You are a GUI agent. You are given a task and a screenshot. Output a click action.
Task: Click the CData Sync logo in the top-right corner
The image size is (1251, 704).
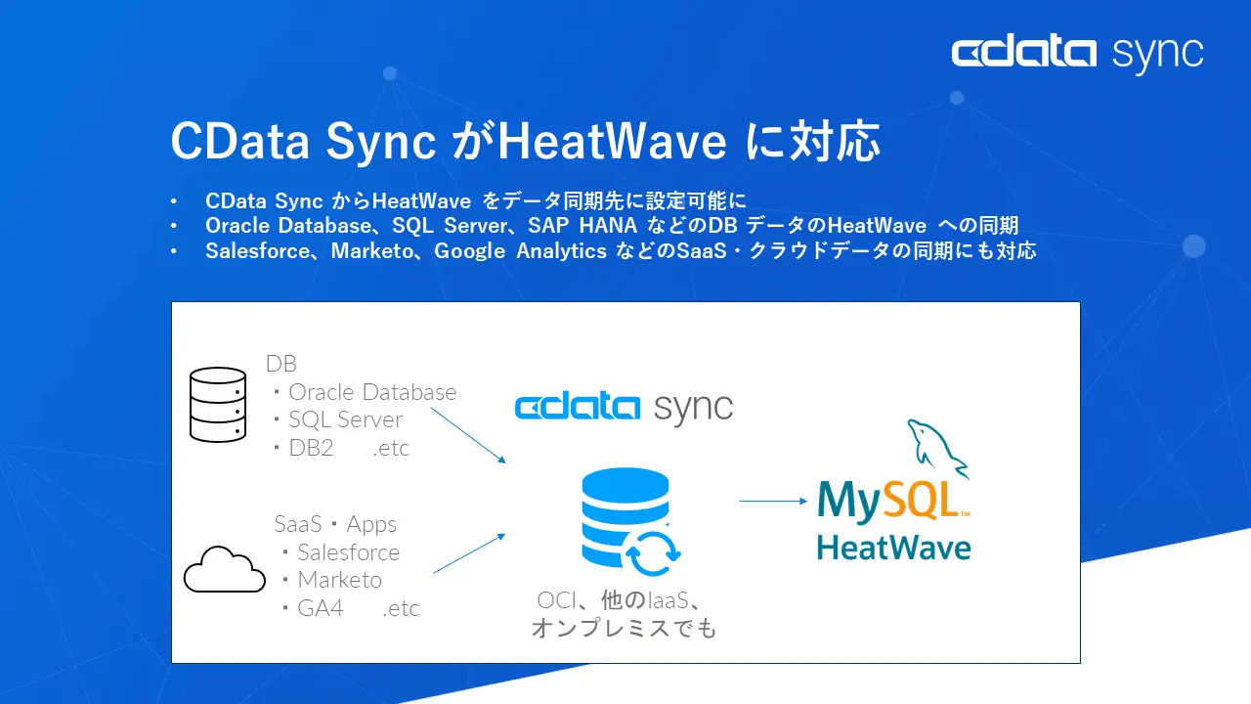tap(1077, 53)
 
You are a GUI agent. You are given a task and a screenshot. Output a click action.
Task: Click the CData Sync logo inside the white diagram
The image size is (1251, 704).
tap(624, 407)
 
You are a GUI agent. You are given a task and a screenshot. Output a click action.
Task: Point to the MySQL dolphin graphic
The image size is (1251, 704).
tap(935, 449)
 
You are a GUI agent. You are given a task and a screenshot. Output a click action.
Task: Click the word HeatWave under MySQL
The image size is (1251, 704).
tap(893, 547)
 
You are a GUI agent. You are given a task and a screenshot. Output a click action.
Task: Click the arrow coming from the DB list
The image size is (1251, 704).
tap(467, 435)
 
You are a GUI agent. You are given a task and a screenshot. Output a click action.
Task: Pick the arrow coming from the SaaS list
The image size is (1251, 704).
tap(469, 553)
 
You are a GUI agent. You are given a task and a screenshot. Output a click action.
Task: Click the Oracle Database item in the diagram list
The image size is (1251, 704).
tap(371, 392)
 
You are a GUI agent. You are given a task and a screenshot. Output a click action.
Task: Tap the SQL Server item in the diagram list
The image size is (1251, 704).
tap(345, 419)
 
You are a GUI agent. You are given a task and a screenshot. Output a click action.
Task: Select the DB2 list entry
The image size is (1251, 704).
tap(311, 448)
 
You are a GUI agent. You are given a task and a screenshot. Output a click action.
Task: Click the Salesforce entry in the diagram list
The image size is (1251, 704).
tap(348, 552)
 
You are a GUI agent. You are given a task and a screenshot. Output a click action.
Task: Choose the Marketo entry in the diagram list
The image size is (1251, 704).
tap(339, 580)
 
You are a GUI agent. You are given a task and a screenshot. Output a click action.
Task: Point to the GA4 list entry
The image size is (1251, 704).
tap(320, 608)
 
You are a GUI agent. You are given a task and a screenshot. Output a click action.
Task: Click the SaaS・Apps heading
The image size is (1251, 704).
tap(335, 524)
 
